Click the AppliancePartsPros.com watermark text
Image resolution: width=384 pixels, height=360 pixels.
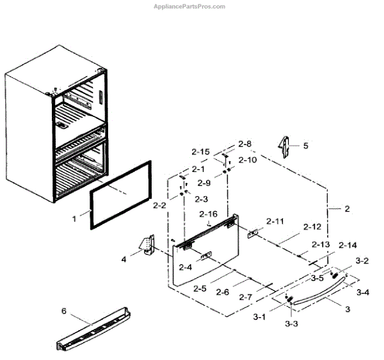coord(190,6)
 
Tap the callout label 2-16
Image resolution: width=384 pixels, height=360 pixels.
coord(208,214)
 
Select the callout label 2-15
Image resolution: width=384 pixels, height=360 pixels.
coord(200,152)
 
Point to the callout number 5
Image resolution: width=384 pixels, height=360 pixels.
coord(305,146)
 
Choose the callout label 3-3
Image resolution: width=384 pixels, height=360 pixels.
coord(291,324)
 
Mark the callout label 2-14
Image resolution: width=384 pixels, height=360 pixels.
coord(348,245)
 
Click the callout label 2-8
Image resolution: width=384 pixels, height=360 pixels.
coord(245,144)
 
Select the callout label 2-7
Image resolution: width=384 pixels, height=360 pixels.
coord(245,297)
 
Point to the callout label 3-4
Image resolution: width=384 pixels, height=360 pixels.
coord(362,292)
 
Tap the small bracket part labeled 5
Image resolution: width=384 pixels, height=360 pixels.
coord(283,145)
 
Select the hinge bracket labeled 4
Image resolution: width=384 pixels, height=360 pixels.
coord(148,246)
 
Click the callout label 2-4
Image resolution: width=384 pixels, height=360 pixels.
coord(186,267)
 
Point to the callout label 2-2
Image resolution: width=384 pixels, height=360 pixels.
coord(160,205)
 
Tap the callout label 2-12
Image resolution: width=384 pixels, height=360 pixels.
coord(312,227)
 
